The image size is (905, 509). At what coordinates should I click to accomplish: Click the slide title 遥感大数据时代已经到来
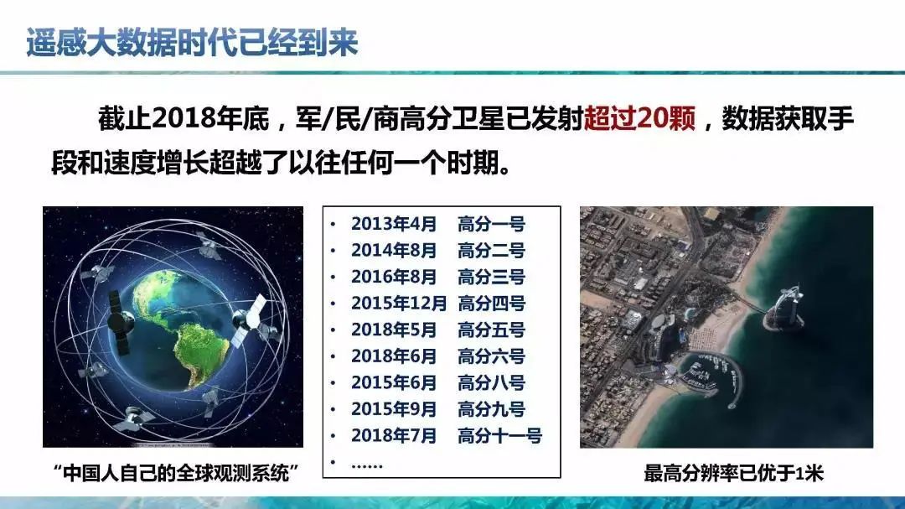pos(192,42)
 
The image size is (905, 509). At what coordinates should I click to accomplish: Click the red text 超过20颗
pos(640,118)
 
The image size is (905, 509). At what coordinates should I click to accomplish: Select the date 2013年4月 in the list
pos(394,224)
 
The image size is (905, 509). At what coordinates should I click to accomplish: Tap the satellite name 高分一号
pos(491,224)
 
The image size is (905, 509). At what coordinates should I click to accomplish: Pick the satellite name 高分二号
pos(491,250)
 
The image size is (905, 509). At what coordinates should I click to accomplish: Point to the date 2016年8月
pos(394,277)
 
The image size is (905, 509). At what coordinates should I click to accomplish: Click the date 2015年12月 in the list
pos(399,304)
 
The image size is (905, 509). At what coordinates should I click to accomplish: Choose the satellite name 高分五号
pos(491,330)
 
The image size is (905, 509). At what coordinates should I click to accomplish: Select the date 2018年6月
pos(394,356)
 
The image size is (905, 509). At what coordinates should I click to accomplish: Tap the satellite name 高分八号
pos(491,382)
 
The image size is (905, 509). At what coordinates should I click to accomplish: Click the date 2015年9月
pos(394,409)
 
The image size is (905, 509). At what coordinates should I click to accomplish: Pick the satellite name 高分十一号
pos(499,435)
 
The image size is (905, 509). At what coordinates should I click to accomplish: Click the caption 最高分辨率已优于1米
pos(733,473)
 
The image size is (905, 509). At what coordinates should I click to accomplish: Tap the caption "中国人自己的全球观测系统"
pos(175,473)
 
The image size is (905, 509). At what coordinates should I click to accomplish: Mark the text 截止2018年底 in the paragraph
pos(184,118)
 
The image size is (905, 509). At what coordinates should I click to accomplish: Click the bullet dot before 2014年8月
pos(333,251)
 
